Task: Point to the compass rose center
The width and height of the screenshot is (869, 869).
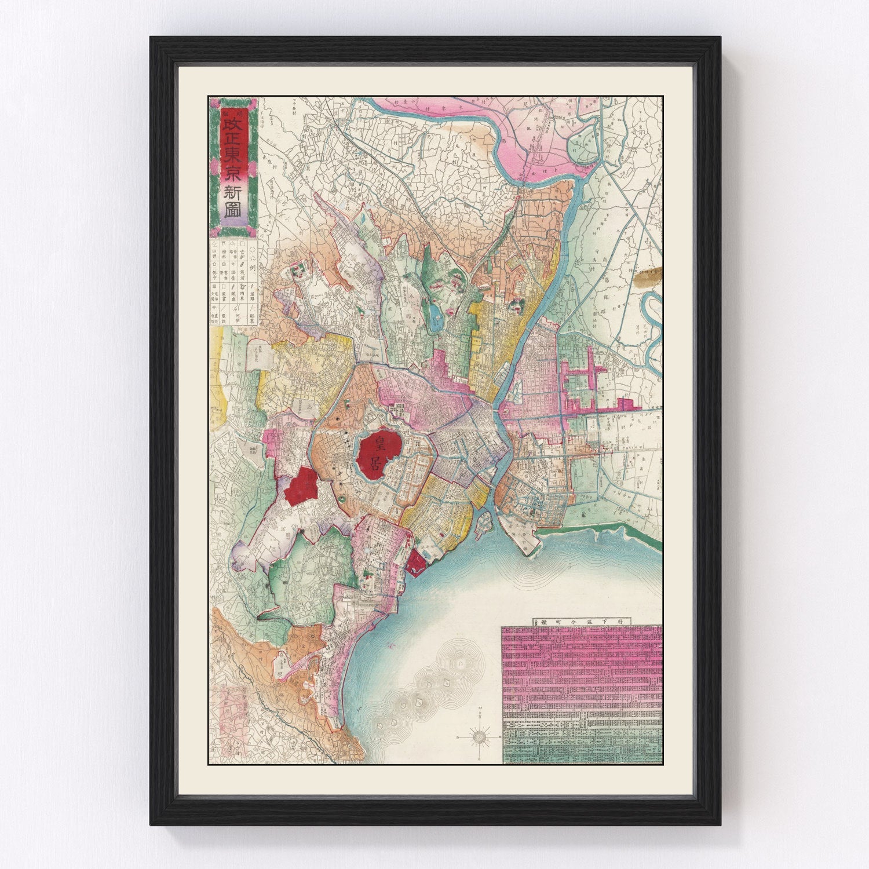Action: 480,737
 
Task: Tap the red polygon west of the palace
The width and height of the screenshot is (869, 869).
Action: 301,483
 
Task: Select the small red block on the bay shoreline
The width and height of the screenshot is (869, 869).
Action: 416,563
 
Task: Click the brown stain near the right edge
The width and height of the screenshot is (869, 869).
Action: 648,279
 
